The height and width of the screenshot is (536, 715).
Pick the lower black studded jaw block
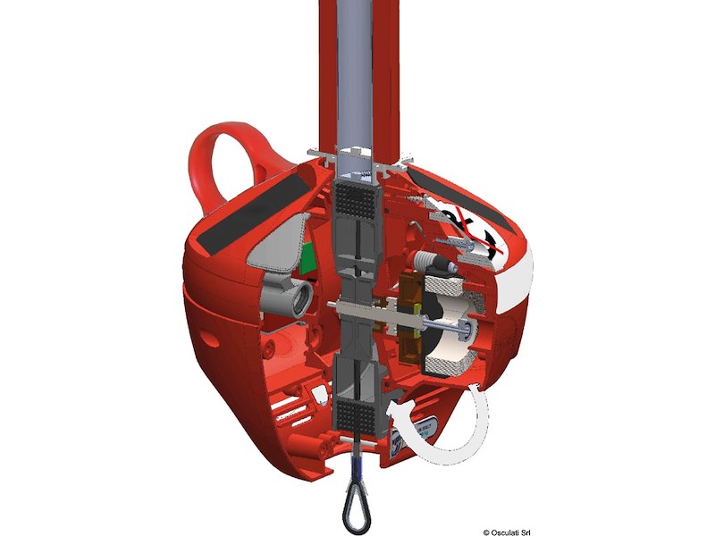pyautogui.click(x=357, y=415)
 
